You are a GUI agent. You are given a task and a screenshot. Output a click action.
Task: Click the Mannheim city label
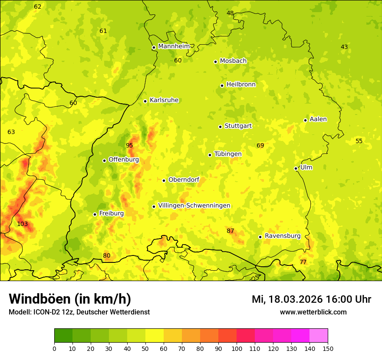point(174,46)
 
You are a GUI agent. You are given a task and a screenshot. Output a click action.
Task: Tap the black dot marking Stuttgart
point(220,127)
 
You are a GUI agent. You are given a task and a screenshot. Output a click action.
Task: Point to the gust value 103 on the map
point(23,224)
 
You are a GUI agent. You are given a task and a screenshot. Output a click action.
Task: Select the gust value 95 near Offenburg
point(129,145)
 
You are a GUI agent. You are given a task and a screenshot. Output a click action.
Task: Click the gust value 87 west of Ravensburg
point(230,231)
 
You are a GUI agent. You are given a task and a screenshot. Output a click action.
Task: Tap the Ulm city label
point(306,167)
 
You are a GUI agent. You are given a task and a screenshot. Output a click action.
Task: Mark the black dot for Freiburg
point(95,214)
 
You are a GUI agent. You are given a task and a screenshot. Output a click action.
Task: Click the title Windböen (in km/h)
point(69,299)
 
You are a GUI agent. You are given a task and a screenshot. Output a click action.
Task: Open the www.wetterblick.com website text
point(313,312)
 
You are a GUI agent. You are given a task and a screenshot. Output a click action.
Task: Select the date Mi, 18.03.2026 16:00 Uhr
point(311,299)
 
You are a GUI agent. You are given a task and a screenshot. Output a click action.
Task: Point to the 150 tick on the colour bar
point(328,348)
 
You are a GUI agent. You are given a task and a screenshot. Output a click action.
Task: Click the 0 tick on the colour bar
point(54,348)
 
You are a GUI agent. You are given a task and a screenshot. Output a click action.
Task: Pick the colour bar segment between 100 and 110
point(246,336)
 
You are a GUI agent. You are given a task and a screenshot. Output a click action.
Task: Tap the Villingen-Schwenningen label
point(194,206)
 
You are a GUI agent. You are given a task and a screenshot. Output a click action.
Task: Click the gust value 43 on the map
point(344,47)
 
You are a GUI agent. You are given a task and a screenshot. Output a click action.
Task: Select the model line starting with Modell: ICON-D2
point(79,312)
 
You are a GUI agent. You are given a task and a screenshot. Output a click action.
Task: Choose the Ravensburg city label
point(283,236)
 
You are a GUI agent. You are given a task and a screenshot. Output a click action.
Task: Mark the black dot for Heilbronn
point(222,85)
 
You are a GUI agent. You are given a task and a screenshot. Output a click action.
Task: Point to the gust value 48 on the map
point(230,13)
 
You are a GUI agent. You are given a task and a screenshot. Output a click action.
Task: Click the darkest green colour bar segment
point(63,336)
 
